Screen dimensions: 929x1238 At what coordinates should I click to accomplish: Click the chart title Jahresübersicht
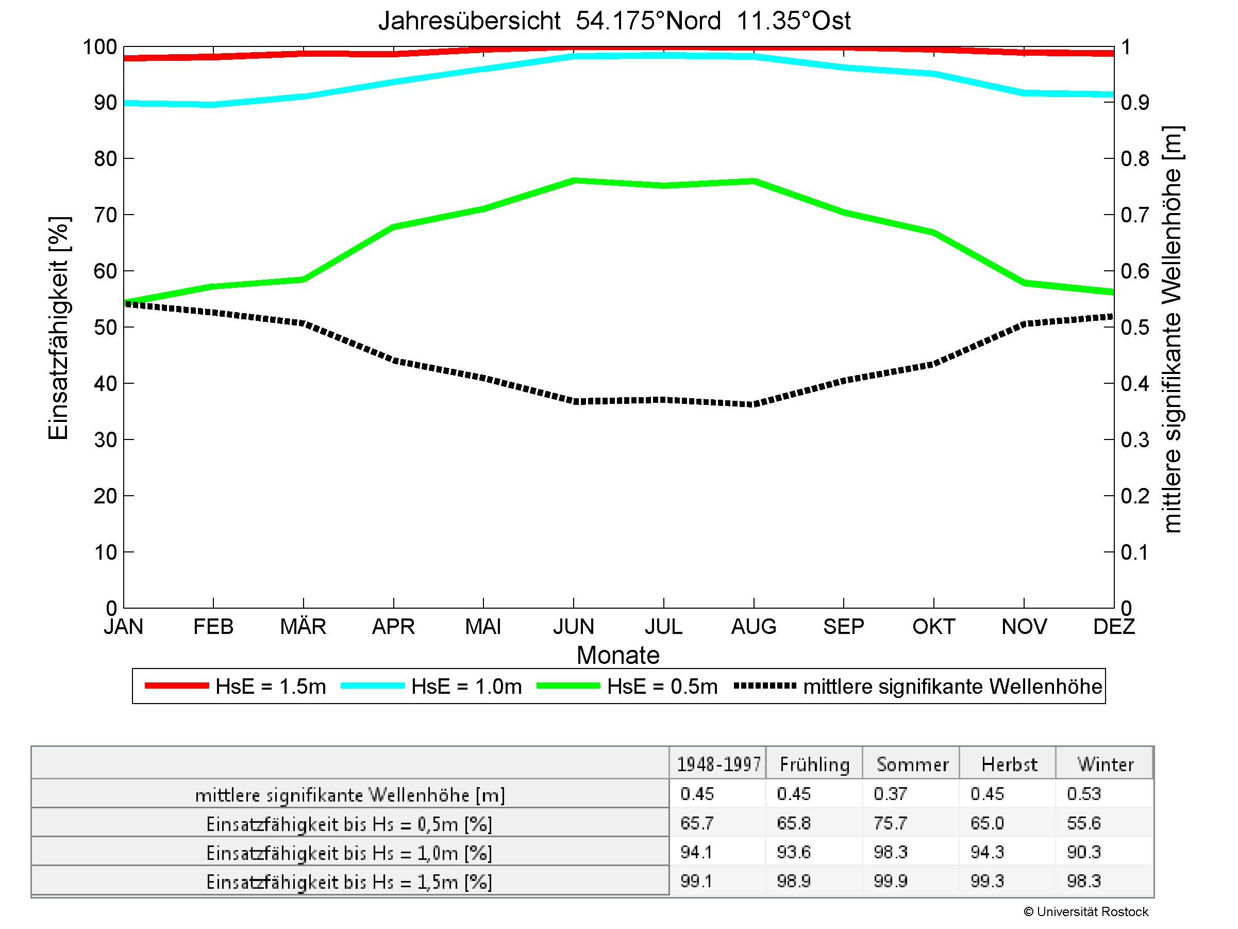pos(469,21)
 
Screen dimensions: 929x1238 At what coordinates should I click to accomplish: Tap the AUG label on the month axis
pos(754,626)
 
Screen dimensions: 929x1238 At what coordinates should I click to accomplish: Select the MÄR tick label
pos(303,626)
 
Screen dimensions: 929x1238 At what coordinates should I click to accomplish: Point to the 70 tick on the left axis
pos(105,215)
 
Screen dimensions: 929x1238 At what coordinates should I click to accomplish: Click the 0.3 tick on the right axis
pos(1135,440)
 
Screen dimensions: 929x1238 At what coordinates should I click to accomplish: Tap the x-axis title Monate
pos(618,655)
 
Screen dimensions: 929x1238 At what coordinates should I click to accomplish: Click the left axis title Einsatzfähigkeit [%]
pos(58,328)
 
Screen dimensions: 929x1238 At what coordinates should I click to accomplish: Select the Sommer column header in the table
pos(912,764)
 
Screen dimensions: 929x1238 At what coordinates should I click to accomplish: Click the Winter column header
pos(1106,764)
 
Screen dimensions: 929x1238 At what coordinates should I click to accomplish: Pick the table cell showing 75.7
pos(890,823)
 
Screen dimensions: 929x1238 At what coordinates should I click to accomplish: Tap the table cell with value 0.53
pos(1083,794)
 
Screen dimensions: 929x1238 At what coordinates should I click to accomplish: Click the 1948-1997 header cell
pos(718,764)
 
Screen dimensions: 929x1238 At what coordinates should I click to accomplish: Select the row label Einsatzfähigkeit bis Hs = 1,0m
pos(349,853)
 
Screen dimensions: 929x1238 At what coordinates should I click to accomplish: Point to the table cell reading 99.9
pos(890,882)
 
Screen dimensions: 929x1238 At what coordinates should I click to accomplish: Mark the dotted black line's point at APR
pos(394,361)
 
